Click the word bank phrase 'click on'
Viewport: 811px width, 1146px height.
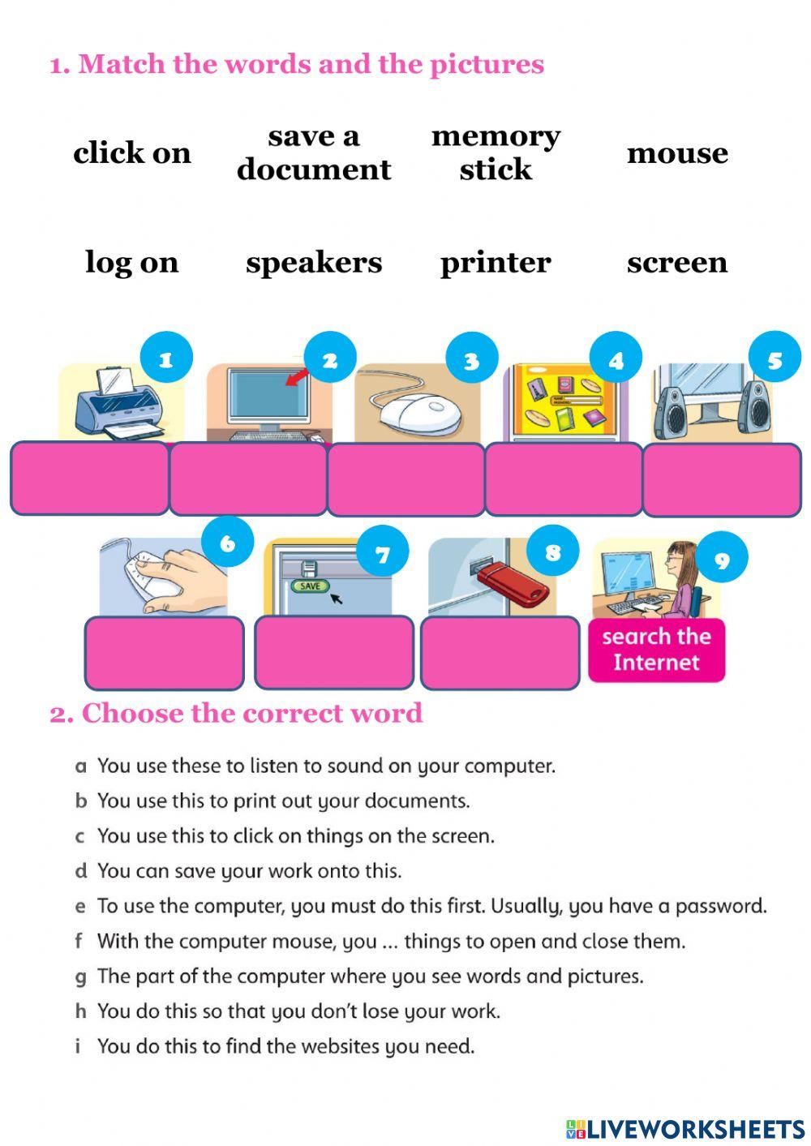pyautogui.click(x=132, y=152)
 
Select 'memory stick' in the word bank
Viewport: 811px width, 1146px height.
pyautogui.click(x=495, y=152)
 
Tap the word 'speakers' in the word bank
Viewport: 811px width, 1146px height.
pyautogui.click(x=314, y=262)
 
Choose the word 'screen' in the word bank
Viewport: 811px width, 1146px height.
pyautogui.click(x=677, y=262)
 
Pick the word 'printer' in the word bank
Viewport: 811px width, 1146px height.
pyautogui.click(x=495, y=262)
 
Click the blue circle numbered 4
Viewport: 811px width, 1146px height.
pyautogui.click(x=616, y=359)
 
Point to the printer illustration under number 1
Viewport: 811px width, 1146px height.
pyautogui.click(x=118, y=403)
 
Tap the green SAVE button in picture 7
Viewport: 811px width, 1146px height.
pyautogui.click(x=310, y=586)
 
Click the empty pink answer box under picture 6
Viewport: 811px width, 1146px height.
pyautogui.click(x=164, y=653)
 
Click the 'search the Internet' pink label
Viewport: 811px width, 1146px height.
pyautogui.click(x=656, y=650)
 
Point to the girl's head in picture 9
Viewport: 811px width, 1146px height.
pyautogui.click(x=678, y=559)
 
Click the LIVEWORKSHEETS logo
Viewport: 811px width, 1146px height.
pyautogui.click(x=684, y=1128)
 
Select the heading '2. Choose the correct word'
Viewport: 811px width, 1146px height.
pyautogui.click(x=236, y=713)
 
